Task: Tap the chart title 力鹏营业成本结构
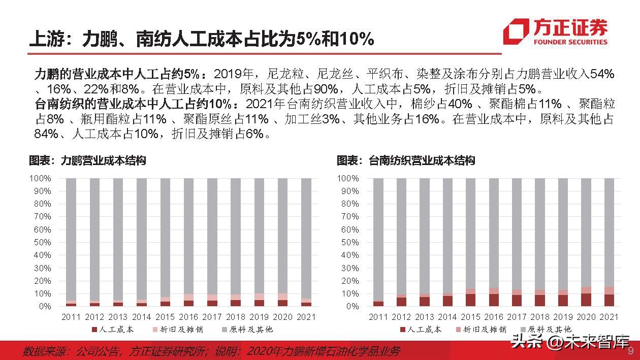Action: coord(87,160)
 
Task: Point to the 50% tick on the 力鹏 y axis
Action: coord(41,242)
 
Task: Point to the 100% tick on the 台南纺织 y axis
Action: coord(348,178)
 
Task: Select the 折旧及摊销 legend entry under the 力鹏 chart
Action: coord(178,329)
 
